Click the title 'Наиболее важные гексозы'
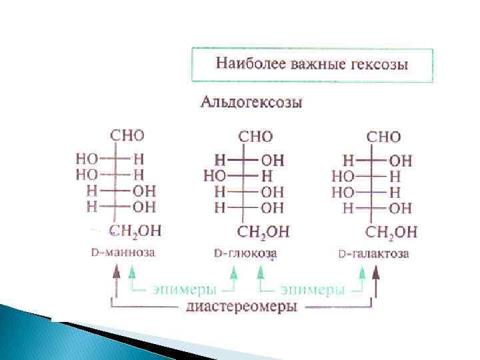tap(312, 65)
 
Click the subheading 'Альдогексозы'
tap(252, 103)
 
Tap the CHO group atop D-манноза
tap(127, 135)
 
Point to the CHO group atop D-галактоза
tap(383, 137)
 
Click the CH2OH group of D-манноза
tap(135, 231)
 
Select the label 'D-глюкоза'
tap(245, 254)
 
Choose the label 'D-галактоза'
tap(373, 254)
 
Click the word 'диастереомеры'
tap(242, 307)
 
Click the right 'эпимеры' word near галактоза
tap(312, 290)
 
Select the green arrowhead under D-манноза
tap(132, 271)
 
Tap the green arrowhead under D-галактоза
tap(363, 271)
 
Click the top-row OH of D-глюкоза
tap(273, 161)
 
